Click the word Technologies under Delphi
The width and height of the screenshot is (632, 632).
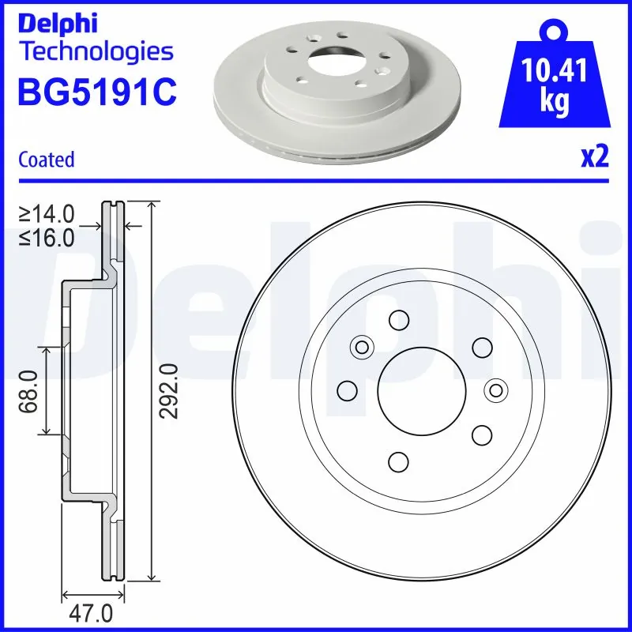pos(96,52)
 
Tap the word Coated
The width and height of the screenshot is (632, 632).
pos(46,160)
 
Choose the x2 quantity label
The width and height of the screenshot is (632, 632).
pos(594,158)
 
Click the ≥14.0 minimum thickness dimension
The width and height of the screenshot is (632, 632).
pos(47,213)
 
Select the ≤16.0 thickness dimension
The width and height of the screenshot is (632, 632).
pos(47,236)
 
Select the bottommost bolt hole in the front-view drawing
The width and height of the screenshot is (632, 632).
pos(399,461)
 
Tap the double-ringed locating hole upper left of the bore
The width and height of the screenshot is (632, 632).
pos(363,346)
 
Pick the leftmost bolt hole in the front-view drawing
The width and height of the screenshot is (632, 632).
pos(346,389)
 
